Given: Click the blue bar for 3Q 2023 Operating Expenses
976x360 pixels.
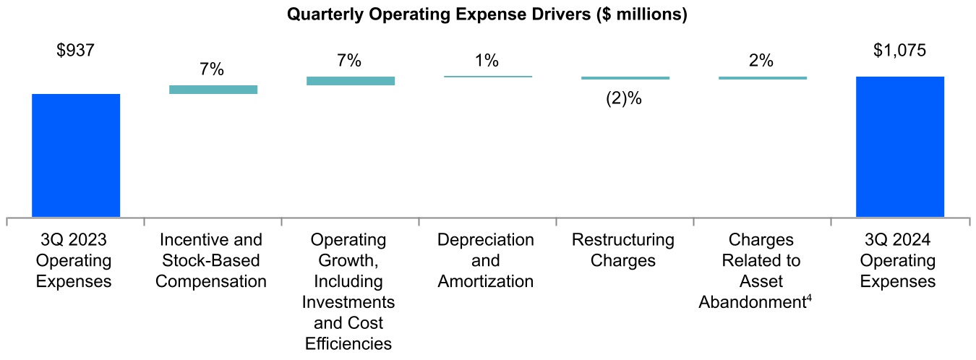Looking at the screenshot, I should click(x=76, y=155).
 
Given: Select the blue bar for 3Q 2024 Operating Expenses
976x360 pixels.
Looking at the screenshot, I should click(x=899, y=146).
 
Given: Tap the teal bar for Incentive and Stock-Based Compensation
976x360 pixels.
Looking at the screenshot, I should click(x=213, y=90).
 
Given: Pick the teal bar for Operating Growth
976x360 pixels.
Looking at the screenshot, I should click(x=351, y=81).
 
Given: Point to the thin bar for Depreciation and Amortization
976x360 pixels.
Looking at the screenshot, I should click(x=488, y=76).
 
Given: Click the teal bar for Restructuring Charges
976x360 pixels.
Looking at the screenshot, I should click(x=625, y=77).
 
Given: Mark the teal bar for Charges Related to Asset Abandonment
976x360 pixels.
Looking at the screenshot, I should click(x=763, y=77).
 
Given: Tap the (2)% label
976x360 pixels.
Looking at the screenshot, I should click(x=624, y=99).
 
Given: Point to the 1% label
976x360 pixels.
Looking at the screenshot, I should click(x=487, y=61).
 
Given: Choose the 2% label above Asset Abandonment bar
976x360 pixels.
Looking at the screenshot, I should click(x=761, y=61).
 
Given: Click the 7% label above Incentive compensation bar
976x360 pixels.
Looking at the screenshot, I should click(x=212, y=69).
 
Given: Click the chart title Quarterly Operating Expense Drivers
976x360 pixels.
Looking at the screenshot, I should click(x=487, y=14).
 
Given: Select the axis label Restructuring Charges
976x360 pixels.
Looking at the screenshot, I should click(x=622, y=249).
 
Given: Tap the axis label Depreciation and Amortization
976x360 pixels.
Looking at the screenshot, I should click(x=486, y=260).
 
